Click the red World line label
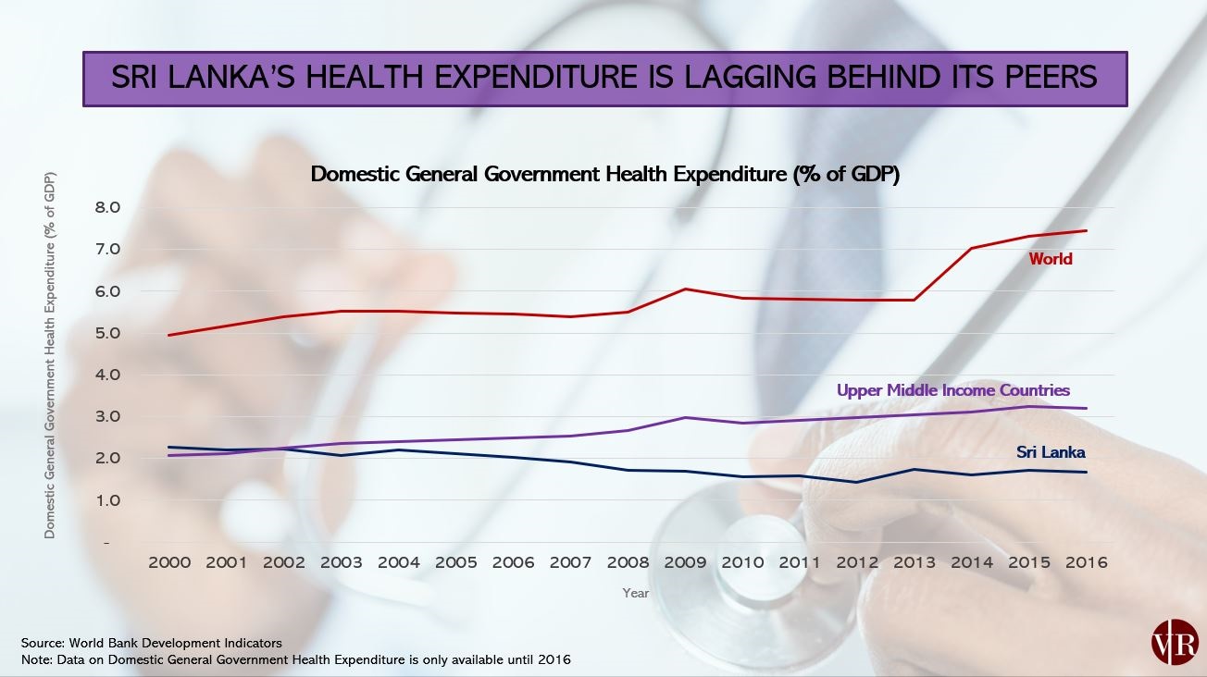click(1050, 259)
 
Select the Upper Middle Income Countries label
click(952, 390)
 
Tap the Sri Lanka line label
click(1051, 452)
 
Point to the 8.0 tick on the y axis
click(108, 207)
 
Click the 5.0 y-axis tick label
click(108, 333)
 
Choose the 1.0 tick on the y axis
click(108, 500)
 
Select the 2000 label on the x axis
click(169, 562)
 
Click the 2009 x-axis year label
click(685, 562)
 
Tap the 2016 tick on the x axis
click(1086, 562)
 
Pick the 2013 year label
click(915, 562)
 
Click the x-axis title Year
click(635, 593)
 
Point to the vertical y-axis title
click(50, 355)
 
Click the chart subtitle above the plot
click(604, 174)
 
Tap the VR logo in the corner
click(1175, 641)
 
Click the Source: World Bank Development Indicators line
click(152, 642)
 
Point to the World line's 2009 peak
click(685, 289)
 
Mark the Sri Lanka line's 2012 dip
click(857, 482)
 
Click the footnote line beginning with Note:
click(296, 659)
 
